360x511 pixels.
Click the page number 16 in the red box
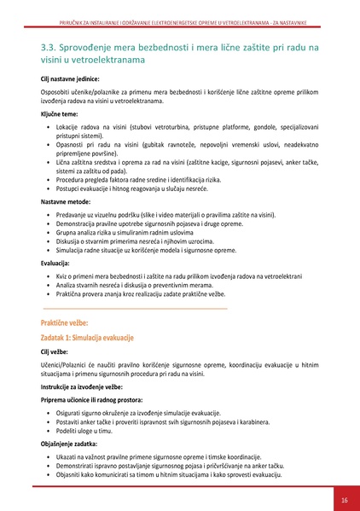click(344, 500)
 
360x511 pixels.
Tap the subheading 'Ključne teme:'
click(58, 113)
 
